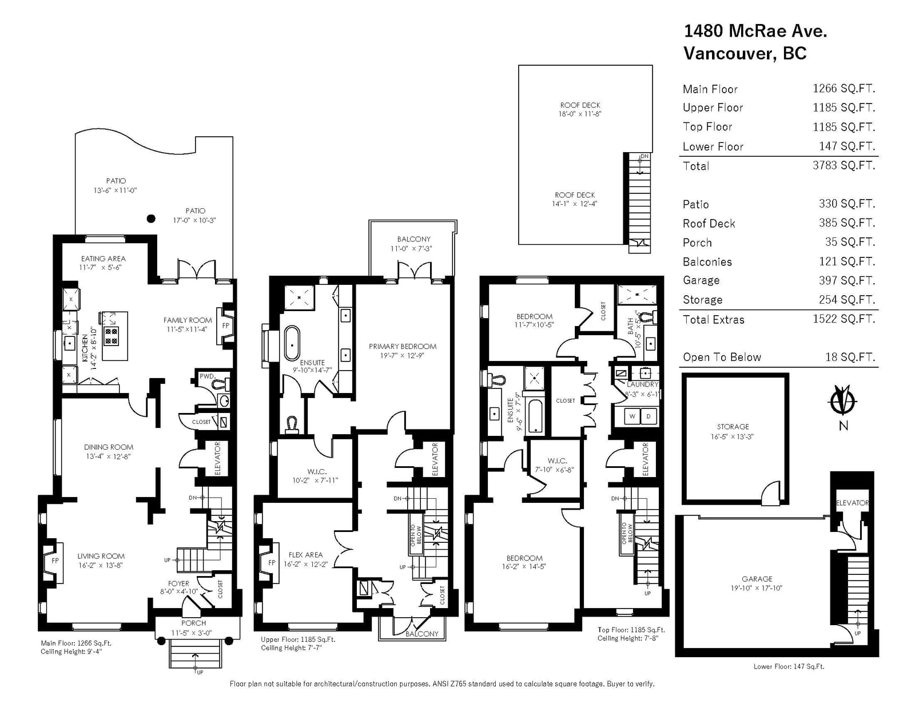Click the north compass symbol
pyautogui.click(x=842, y=400)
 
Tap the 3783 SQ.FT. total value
pyautogui.click(x=844, y=165)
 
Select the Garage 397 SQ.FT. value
pyautogui.click(x=847, y=280)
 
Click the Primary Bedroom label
pyautogui.click(x=403, y=346)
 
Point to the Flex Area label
pyautogui.click(x=306, y=555)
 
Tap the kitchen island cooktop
pyautogui.click(x=111, y=336)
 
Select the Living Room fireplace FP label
pyautogui.click(x=55, y=561)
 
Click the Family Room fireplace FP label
pyautogui.click(x=226, y=325)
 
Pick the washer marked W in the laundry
pyautogui.click(x=632, y=416)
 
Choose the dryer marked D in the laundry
pyautogui.click(x=649, y=416)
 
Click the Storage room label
pyautogui.click(x=733, y=427)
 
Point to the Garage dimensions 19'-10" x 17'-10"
pyautogui.click(x=756, y=588)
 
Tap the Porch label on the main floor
pyautogui.click(x=194, y=623)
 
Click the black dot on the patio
pyautogui.click(x=151, y=219)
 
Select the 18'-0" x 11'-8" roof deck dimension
pyautogui.click(x=580, y=114)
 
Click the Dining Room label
pyautogui.click(x=109, y=447)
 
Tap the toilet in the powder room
pyautogui.click(x=221, y=384)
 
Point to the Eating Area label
pyautogui.click(x=103, y=259)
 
